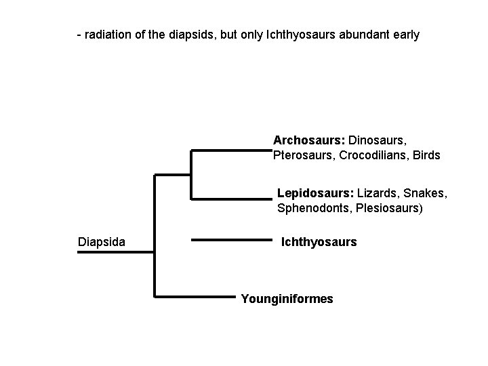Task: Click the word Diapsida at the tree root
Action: (102, 241)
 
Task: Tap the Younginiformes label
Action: (287, 298)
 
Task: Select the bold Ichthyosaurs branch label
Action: (319, 241)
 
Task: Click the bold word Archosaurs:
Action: (309, 140)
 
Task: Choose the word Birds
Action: (426, 155)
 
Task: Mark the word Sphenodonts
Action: (312, 208)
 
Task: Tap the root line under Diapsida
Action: (115, 252)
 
